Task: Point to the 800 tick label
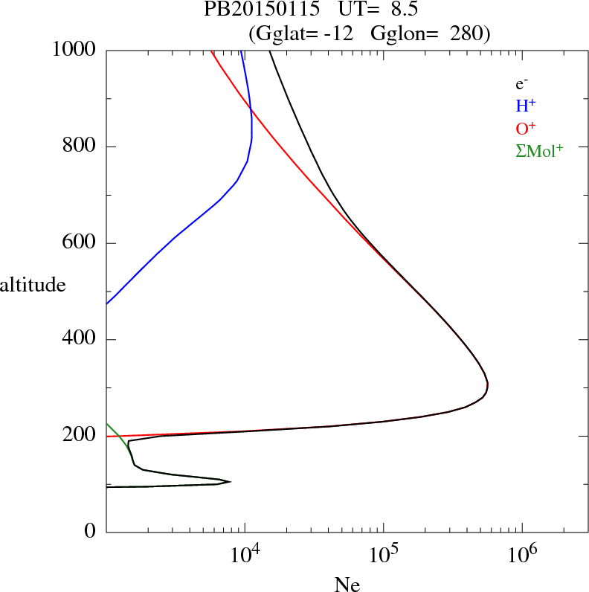click(80, 147)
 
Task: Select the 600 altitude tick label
click(80, 243)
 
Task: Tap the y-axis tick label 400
click(80, 340)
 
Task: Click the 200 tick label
click(80, 436)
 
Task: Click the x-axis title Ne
click(347, 585)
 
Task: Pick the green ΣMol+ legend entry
click(539, 151)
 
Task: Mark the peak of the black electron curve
click(487, 385)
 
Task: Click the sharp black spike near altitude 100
click(230, 482)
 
